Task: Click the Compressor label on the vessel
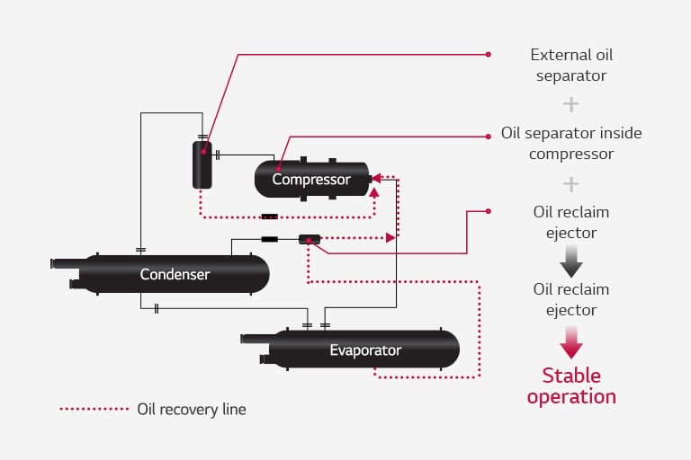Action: (311, 180)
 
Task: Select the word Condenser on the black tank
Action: (175, 274)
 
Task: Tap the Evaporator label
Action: (364, 349)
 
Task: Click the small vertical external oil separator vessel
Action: (202, 164)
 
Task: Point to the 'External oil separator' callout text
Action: (570, 65)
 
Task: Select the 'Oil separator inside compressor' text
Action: (570, 143)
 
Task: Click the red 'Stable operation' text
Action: (571, 385)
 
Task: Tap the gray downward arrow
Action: (571, 262)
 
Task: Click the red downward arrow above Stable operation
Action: (571, 342)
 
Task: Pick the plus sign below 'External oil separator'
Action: (570, 104)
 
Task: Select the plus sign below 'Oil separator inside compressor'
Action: (570, 184)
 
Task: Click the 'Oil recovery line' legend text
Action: (191, 409)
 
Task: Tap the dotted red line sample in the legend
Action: (94, 409)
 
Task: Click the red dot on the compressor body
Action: (278, 168)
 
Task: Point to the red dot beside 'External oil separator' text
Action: (489, 54)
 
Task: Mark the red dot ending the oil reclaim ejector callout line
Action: (489, 211)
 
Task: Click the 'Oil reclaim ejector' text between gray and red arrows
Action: (570, 299)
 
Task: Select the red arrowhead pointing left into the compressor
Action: (376, 178)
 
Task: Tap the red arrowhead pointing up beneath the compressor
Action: (374, 191)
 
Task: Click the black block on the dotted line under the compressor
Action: (269, 217)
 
